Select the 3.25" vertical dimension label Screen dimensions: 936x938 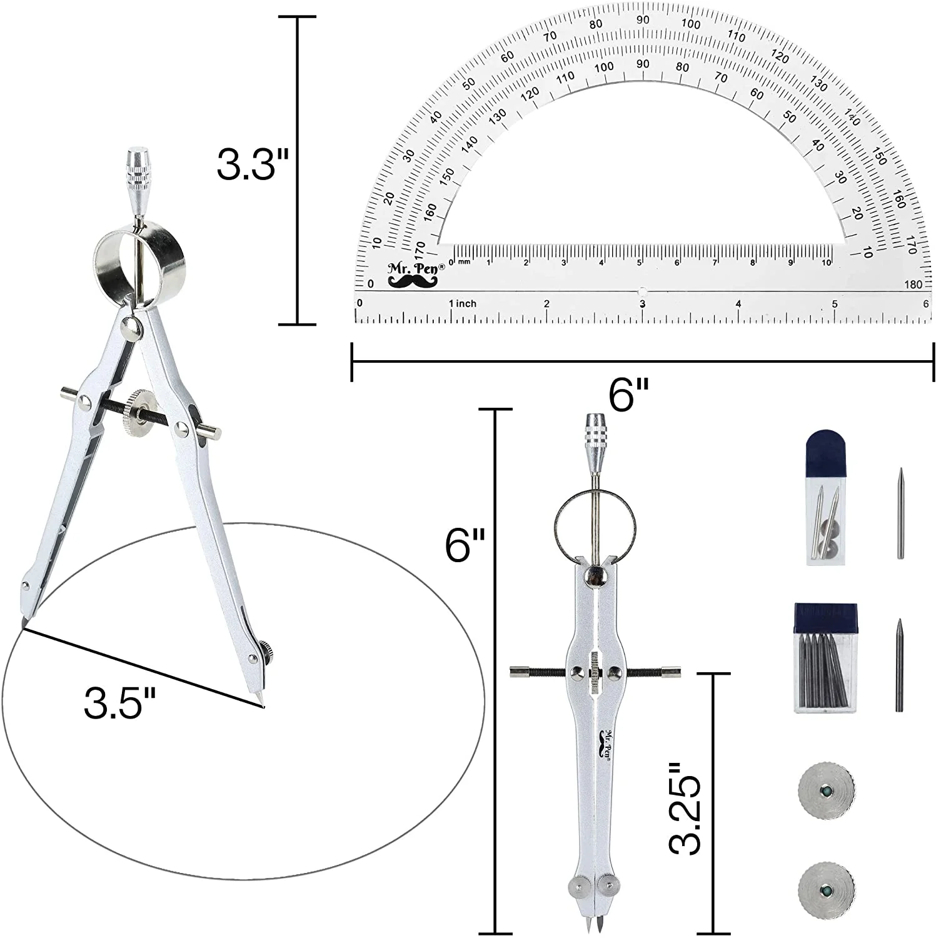(x=685, y=809)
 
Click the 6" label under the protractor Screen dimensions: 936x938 (x=630, y=396)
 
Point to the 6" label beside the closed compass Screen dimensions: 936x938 (x=466, y=544)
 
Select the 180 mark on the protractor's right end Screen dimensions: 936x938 (x=913, y=285)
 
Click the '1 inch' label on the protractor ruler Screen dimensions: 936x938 (x=463, y=303)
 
